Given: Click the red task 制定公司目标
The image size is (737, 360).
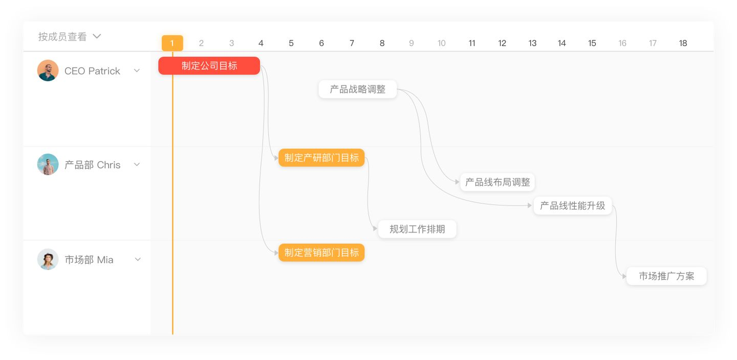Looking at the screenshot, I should [x=209, y=66].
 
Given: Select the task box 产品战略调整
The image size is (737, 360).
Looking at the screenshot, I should [x=357, y=90].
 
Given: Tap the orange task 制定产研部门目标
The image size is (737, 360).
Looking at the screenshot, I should [x=321, y=158].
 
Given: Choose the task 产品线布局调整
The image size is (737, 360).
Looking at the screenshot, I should [x=497, y=182].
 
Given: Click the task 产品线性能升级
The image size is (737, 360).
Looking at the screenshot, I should [x=572, y=205].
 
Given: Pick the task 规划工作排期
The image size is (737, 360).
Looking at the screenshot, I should [x=417, y=229].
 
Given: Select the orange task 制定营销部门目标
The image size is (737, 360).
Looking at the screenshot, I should [x=321, y=252].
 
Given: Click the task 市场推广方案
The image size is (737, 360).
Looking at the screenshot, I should [x=666, y=276].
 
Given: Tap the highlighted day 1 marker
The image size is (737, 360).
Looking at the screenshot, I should [x=172, y=43].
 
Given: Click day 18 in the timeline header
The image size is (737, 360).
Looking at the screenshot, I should [x=683, y=44].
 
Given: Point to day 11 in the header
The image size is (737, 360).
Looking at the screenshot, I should [x=472, y=44].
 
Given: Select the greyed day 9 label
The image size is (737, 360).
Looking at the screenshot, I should [x=411, y=44].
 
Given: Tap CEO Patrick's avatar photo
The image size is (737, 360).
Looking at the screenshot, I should [x=48, y=71].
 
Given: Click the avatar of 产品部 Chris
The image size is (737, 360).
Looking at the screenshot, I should [x=48, y=164].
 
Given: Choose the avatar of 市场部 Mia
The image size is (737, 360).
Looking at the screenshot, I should [x=48, y=260].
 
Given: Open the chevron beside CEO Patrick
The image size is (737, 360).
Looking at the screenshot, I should [x=137, y=71].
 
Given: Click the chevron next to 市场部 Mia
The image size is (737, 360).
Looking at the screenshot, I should [x=138, y=260].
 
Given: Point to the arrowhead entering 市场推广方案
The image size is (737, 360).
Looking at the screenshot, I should [x=624, y=277].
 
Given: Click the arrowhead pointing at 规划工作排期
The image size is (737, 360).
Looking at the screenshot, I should [x=376, y=229].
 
